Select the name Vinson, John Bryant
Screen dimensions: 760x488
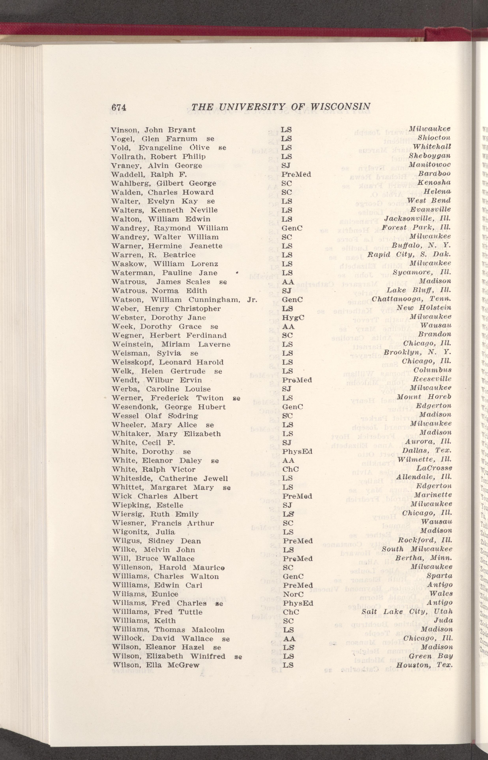pos(153,130)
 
